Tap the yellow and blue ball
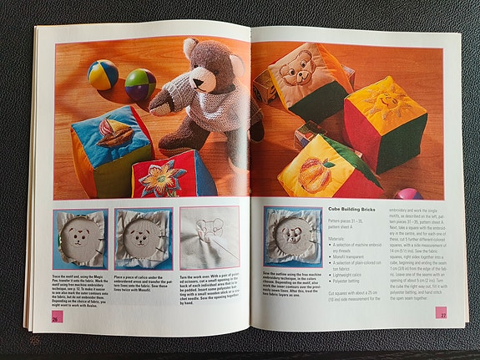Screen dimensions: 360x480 tap(103, 74)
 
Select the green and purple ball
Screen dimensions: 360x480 tap(139, 84)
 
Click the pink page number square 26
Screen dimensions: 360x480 tap(54, 317)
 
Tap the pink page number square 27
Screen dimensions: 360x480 tap(440, 312)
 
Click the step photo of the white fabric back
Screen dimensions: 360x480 tap(210, 238)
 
